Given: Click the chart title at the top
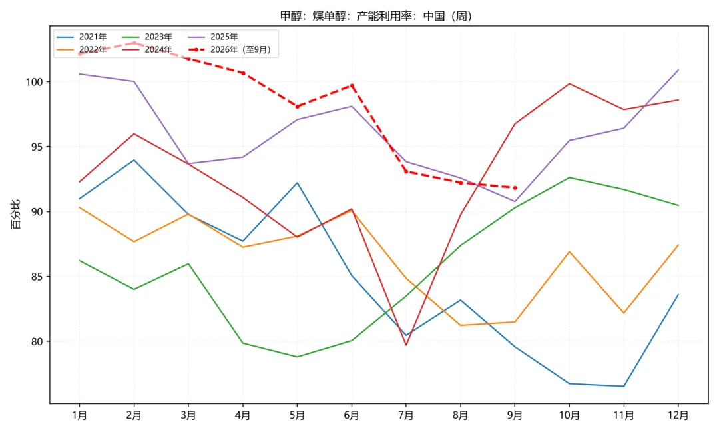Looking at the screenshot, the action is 376,16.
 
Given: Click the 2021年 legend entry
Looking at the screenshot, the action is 82,37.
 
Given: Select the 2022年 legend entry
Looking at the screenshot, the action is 82,49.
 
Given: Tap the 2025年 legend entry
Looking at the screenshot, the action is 213,37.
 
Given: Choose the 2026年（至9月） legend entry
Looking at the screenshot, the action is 230,49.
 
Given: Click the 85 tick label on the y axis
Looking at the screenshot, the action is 37,277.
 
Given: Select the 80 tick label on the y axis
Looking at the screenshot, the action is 37,341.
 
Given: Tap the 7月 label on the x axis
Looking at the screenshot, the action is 406,415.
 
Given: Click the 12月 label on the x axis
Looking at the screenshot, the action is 678,415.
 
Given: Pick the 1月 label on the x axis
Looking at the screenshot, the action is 79,415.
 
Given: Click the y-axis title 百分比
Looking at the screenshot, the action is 15,215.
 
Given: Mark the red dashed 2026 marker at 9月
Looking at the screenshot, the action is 515,188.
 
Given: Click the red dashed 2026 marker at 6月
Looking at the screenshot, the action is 352,85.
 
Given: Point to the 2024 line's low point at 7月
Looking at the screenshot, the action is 406,345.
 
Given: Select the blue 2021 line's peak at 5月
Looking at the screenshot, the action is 297,183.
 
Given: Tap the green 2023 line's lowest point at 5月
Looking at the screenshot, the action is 297,357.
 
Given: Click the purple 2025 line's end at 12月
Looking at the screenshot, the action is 678,70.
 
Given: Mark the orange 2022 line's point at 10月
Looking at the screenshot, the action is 569,251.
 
